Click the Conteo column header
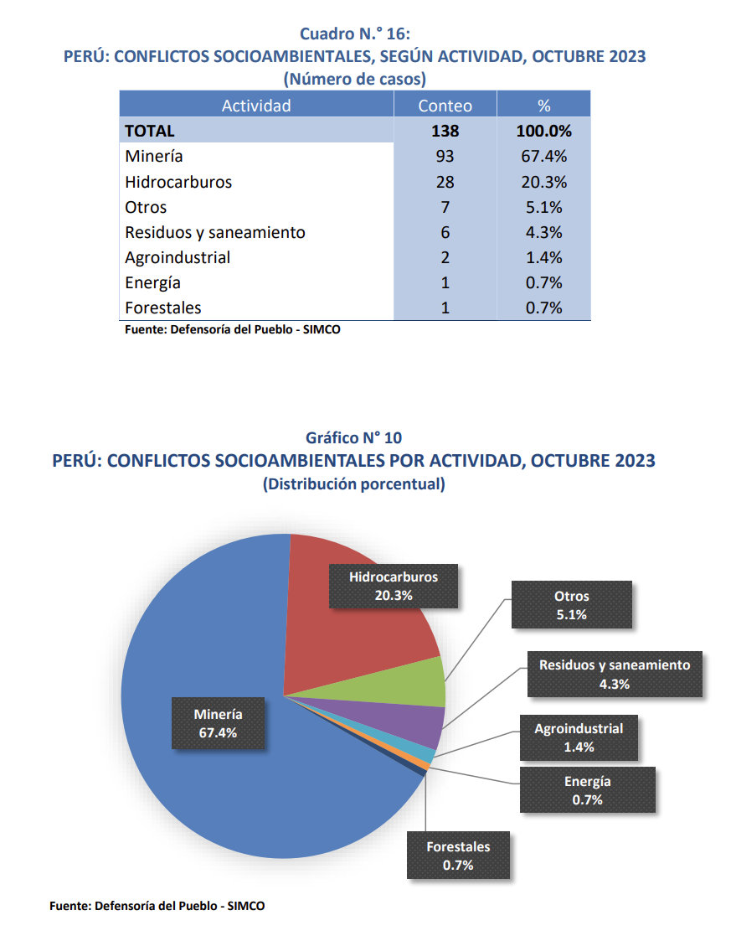[x=445, y=106]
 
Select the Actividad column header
[x=256, y=106]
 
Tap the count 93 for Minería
[x=445, y=157]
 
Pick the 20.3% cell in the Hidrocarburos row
[x=543, y=182]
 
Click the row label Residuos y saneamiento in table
[x=215, y=232]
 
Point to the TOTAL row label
[x=150, y=131]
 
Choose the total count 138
[x=445, y=131]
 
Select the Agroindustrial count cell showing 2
[x=445, y=257]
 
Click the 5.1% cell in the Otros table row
[x=543, y=207]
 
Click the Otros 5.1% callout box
[x=571, y=605]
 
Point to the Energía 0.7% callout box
[x=587, y=790]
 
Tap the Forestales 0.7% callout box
[x=458, y=856]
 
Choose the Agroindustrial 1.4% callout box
[x=579, y=737]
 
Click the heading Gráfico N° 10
[x=353, y=437]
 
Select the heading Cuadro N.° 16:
[x=354, y=34]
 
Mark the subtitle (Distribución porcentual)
[x=353, y=484]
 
